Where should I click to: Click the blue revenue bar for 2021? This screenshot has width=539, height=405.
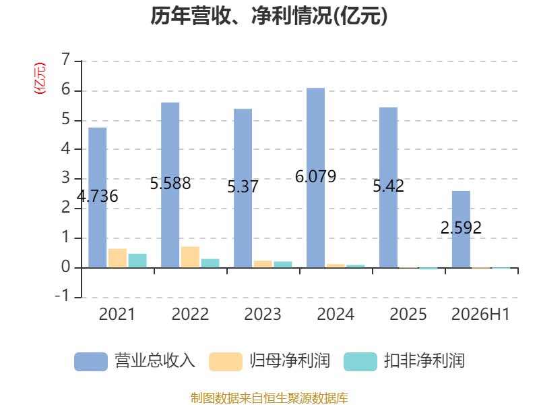pos(97,198)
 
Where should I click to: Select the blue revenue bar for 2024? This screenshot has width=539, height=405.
pos(315,178)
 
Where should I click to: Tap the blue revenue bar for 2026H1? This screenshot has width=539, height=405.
pos(461,230)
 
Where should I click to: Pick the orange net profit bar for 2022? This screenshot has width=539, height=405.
pos(190,257)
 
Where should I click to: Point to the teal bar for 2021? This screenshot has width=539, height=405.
pos(137,261)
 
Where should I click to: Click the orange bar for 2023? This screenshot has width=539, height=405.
pos(263,264)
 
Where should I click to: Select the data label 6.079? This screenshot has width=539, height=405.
pos(315,177)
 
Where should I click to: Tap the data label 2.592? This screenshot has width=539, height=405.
pos(461,227)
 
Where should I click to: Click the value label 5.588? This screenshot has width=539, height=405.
pos(170,183)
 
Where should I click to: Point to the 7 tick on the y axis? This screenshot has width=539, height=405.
pos(65,59)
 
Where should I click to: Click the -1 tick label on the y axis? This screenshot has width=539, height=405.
pos(62,296)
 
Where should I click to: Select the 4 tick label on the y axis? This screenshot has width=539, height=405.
pos(65,148)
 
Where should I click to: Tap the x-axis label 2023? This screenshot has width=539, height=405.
pos(263,314)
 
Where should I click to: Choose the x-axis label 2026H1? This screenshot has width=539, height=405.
pos(480,314)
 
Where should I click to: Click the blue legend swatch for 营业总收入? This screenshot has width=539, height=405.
pos(91,362)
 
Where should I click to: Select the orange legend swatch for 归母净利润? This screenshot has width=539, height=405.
pos(226,362)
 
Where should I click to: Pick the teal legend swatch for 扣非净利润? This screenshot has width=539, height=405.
pos(360,362)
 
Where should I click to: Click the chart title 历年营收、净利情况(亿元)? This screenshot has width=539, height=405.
pos(269,16)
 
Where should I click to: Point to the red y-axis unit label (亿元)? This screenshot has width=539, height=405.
pos(40,78)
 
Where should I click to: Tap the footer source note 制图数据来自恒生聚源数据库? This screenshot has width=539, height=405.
pos(269,398)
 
